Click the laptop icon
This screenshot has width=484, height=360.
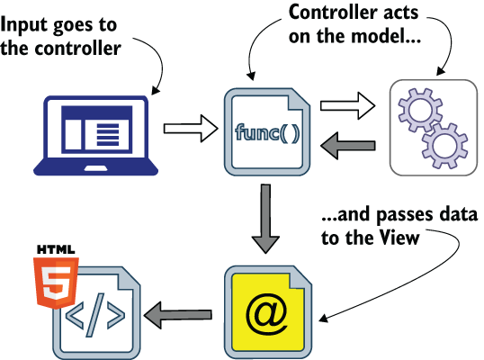pyautogui.click(x=95, y=136)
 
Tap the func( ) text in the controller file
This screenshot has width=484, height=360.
pyautogui.click(x=267, y=133)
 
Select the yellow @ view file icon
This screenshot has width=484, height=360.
pyautogui.click(x=268, y=312)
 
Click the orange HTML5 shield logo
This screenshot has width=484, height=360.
pyautogui.click(x=56, y=283)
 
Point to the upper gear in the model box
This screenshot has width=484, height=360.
pyautogui.click(x=420, y=110)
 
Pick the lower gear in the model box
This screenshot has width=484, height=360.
pyautogui.click(x=444, y=146)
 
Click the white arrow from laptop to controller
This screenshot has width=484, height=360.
pyautogui.click(x=191, y=129)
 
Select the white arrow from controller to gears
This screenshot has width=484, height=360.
pyautogui.click(x=347, y=106)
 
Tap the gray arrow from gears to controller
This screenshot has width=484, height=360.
pyautogui.click(x=348, y=146)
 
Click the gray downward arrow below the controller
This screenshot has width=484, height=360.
pyautogui.click(x=265, y=219)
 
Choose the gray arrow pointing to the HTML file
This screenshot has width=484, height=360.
pyautogui.click(x=178, y=315)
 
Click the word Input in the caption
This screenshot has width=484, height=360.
pyautogui.click(x=23, y=25)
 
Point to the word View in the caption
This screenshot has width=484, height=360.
pyautogui.click(x=399, y=238)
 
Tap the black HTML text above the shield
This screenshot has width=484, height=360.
pyautogui.click(x=56, y=249)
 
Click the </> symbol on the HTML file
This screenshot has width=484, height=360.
pyautogui.click(x=95, y=315)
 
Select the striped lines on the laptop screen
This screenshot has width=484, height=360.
pyautogui.click(x=108, y=135)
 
